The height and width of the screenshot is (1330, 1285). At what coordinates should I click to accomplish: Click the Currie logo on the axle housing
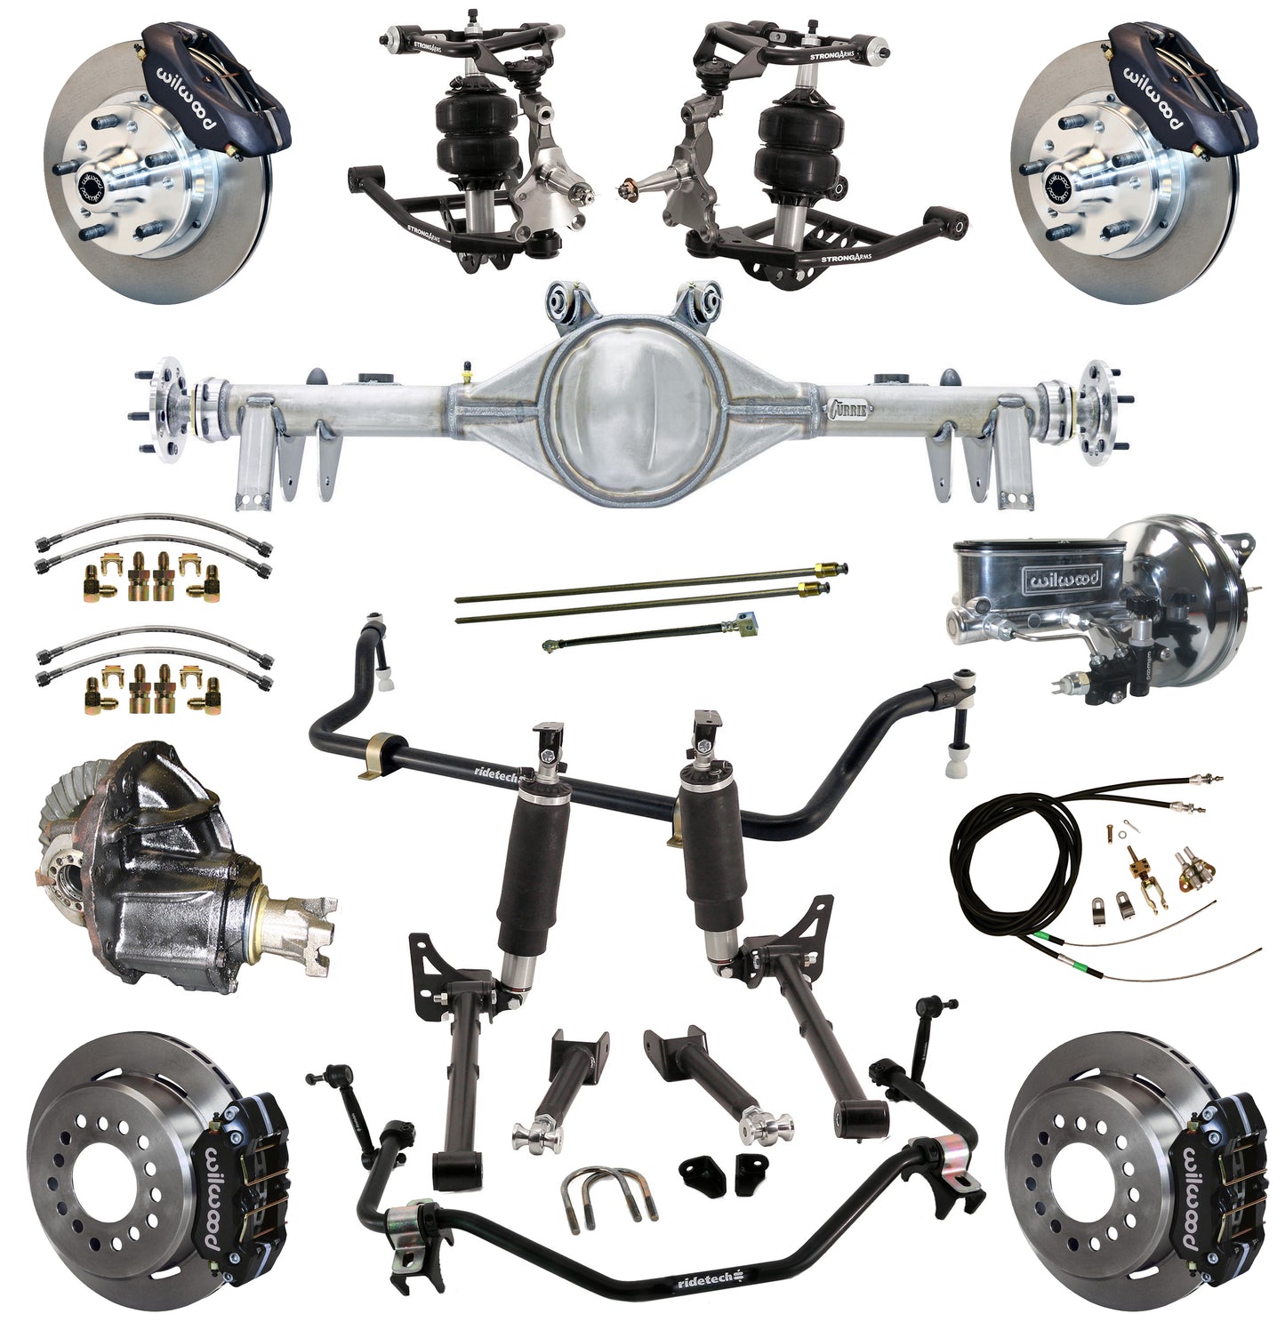849,409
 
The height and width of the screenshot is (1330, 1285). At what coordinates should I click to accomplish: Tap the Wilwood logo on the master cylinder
1064,579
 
